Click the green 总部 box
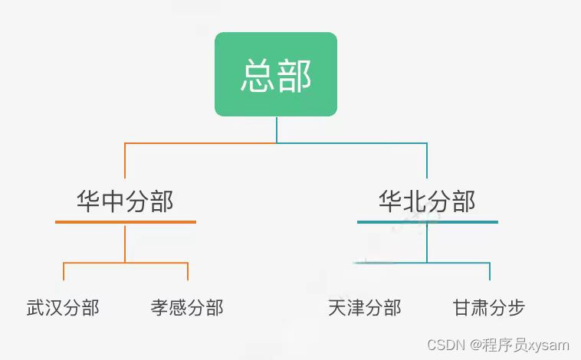276,74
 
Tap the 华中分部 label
125,201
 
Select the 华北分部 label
427,201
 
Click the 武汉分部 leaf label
63,308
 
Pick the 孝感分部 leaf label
187,308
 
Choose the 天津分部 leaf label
364,308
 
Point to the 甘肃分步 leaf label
489,308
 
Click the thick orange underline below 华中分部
125,222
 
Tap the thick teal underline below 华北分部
427,222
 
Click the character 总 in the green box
258,76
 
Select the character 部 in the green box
294,76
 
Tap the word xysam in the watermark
550,345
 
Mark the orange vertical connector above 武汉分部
64,272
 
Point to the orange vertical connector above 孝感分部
188,272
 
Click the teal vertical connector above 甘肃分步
490,272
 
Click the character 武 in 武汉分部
35,308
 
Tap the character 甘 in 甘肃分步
462,308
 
